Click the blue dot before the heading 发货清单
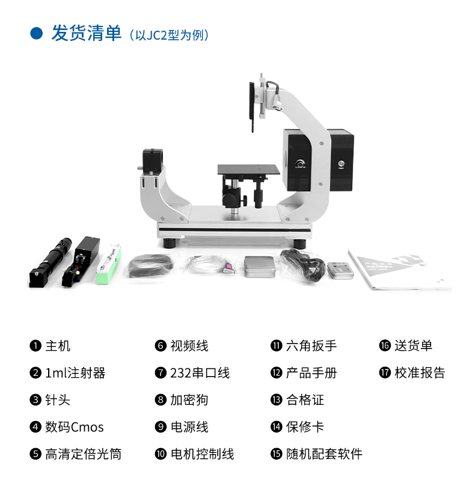36,34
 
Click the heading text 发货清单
87,33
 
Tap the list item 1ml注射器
75,373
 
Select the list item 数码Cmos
75,427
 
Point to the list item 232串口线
200,373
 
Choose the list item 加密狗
189,400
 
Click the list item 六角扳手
311,346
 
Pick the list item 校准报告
420,373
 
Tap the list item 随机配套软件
324,454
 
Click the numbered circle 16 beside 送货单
385,345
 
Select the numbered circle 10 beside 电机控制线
161,454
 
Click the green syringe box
108,264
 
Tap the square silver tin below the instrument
259,267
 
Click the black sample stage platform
249,169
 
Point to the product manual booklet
399,270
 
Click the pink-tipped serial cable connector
228,267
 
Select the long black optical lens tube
51,263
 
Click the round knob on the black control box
299,163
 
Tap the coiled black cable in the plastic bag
151,265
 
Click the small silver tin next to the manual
340,270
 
